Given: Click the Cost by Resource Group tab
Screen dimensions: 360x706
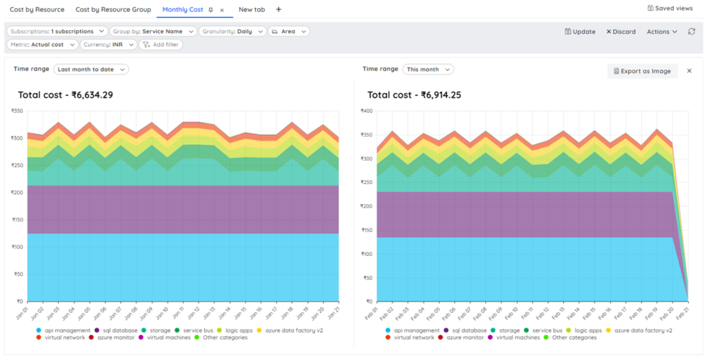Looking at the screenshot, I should (113, 10).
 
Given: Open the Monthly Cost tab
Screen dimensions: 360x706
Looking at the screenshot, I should (183, 10).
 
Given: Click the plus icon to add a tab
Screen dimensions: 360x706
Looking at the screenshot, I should (279, 10).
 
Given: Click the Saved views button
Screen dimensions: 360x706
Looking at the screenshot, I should (670, 8).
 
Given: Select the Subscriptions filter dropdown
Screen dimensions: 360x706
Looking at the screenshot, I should (57, 31).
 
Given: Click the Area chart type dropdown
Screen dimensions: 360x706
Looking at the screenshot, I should (289, 31).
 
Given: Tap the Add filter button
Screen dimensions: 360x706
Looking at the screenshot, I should (161, 44).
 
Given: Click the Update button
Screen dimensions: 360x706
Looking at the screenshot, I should (580, 32).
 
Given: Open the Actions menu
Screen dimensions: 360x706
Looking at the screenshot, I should (661, 32).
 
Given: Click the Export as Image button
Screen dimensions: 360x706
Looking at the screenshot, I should (642, 71).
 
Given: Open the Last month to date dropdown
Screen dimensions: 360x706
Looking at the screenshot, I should (90, 69).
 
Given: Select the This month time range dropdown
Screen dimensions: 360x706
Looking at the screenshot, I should (427, 69).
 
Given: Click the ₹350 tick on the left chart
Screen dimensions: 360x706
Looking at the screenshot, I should (17, 111).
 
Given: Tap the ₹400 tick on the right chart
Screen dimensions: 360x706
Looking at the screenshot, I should (366, 111).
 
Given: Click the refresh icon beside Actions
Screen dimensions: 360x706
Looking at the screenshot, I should (692, 32).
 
